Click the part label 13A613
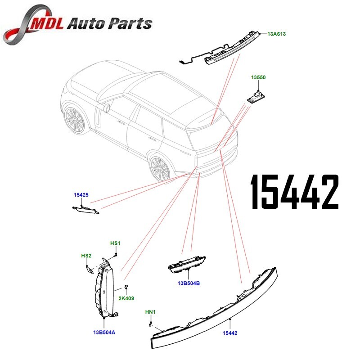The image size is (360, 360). [277, 34]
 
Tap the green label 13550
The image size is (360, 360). [258, 77]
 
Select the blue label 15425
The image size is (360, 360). [81, 195]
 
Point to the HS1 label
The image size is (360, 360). [116, 243]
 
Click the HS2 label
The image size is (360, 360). [86, 256]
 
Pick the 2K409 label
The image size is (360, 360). [126, 298]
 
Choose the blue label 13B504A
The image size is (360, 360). [104, 333]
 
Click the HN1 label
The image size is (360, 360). [149, 312]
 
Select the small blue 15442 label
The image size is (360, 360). [230, 333]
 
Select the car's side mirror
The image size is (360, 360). [107, 108]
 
